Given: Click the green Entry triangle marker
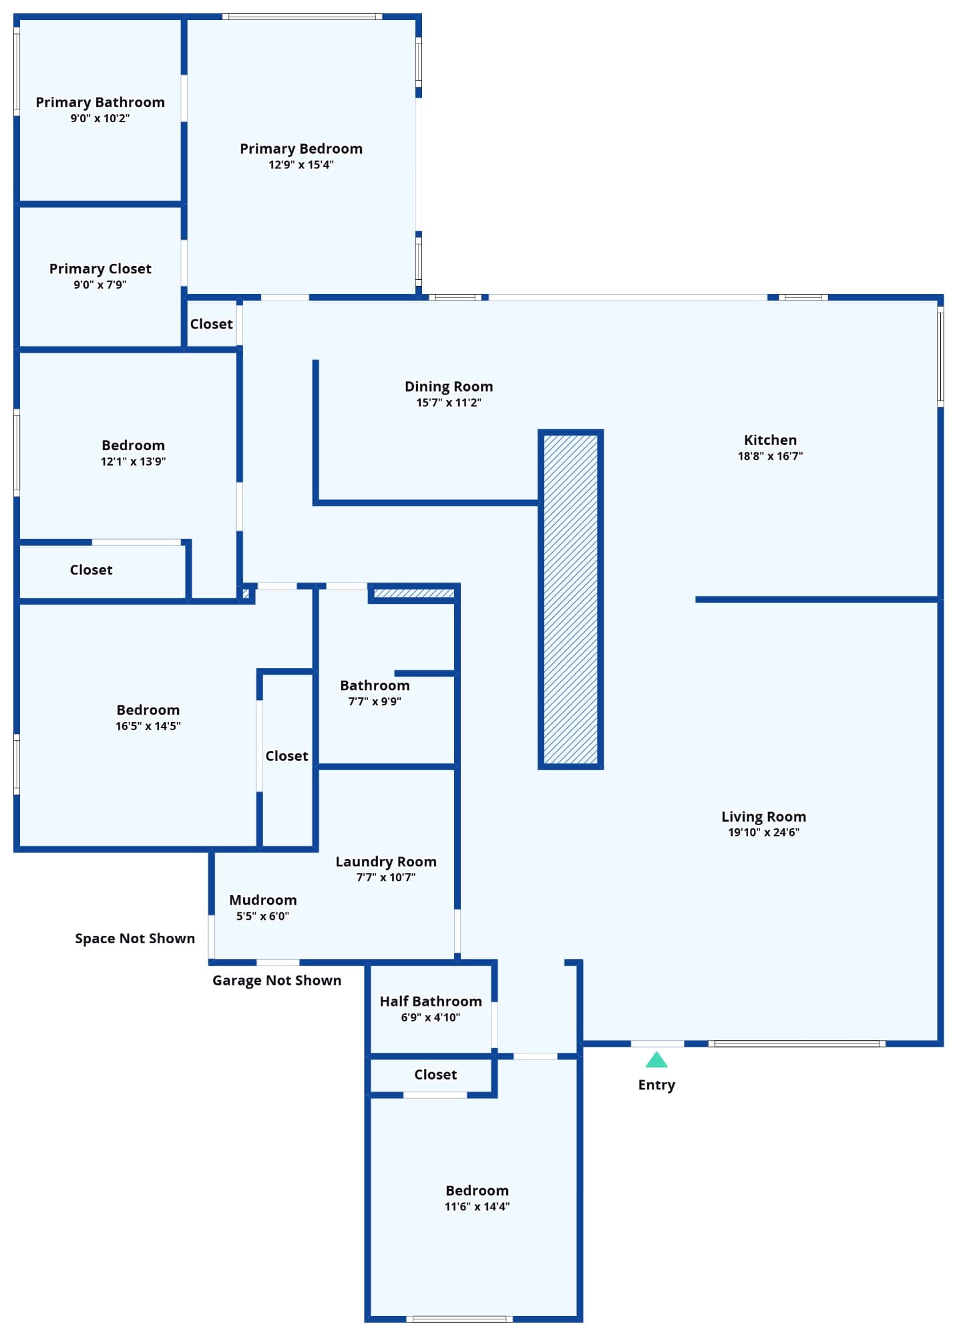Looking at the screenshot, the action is click(656, 1060).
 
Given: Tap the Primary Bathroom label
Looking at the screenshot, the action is click(100, 102).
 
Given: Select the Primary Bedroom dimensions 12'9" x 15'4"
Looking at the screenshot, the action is click(301, 165).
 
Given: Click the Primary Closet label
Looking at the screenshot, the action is click(100, 269).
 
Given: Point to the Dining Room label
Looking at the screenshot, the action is click(449, 387).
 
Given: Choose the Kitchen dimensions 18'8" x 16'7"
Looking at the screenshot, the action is click(770, 456).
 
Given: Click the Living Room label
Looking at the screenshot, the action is click(763, 817).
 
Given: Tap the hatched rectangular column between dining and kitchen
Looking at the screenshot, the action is click(571, 599).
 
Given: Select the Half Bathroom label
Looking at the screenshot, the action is click(431, 1001).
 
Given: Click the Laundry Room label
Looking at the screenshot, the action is click(386, 862).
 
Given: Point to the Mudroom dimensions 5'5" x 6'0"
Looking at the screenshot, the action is click(262, 916).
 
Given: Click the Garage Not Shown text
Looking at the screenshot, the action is click(276, 981).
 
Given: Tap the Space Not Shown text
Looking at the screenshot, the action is click(135, 939).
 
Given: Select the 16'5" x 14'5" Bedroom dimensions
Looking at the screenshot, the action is click(148, 726).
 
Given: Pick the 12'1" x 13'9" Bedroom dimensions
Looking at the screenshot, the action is click(133, 462).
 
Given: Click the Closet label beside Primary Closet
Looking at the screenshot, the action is click(211, 324).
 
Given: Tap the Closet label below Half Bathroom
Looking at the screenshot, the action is click(435, 1075).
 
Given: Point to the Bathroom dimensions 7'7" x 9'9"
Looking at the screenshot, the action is click(375, 701).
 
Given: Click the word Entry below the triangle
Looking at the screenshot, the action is click(656, 1085).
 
